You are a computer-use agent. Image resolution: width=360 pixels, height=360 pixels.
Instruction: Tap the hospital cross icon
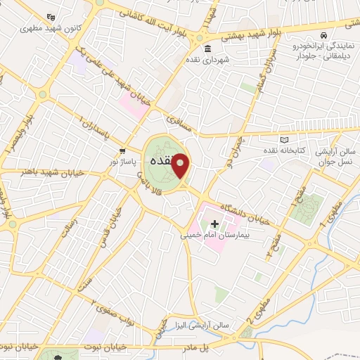click(215, 224)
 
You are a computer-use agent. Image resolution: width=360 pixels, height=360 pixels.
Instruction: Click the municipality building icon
click(207, 49)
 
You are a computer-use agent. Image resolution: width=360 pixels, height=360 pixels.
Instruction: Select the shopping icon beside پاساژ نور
click(123, 150)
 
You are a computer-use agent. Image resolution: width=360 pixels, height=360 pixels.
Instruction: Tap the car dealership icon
click(322, 35)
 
